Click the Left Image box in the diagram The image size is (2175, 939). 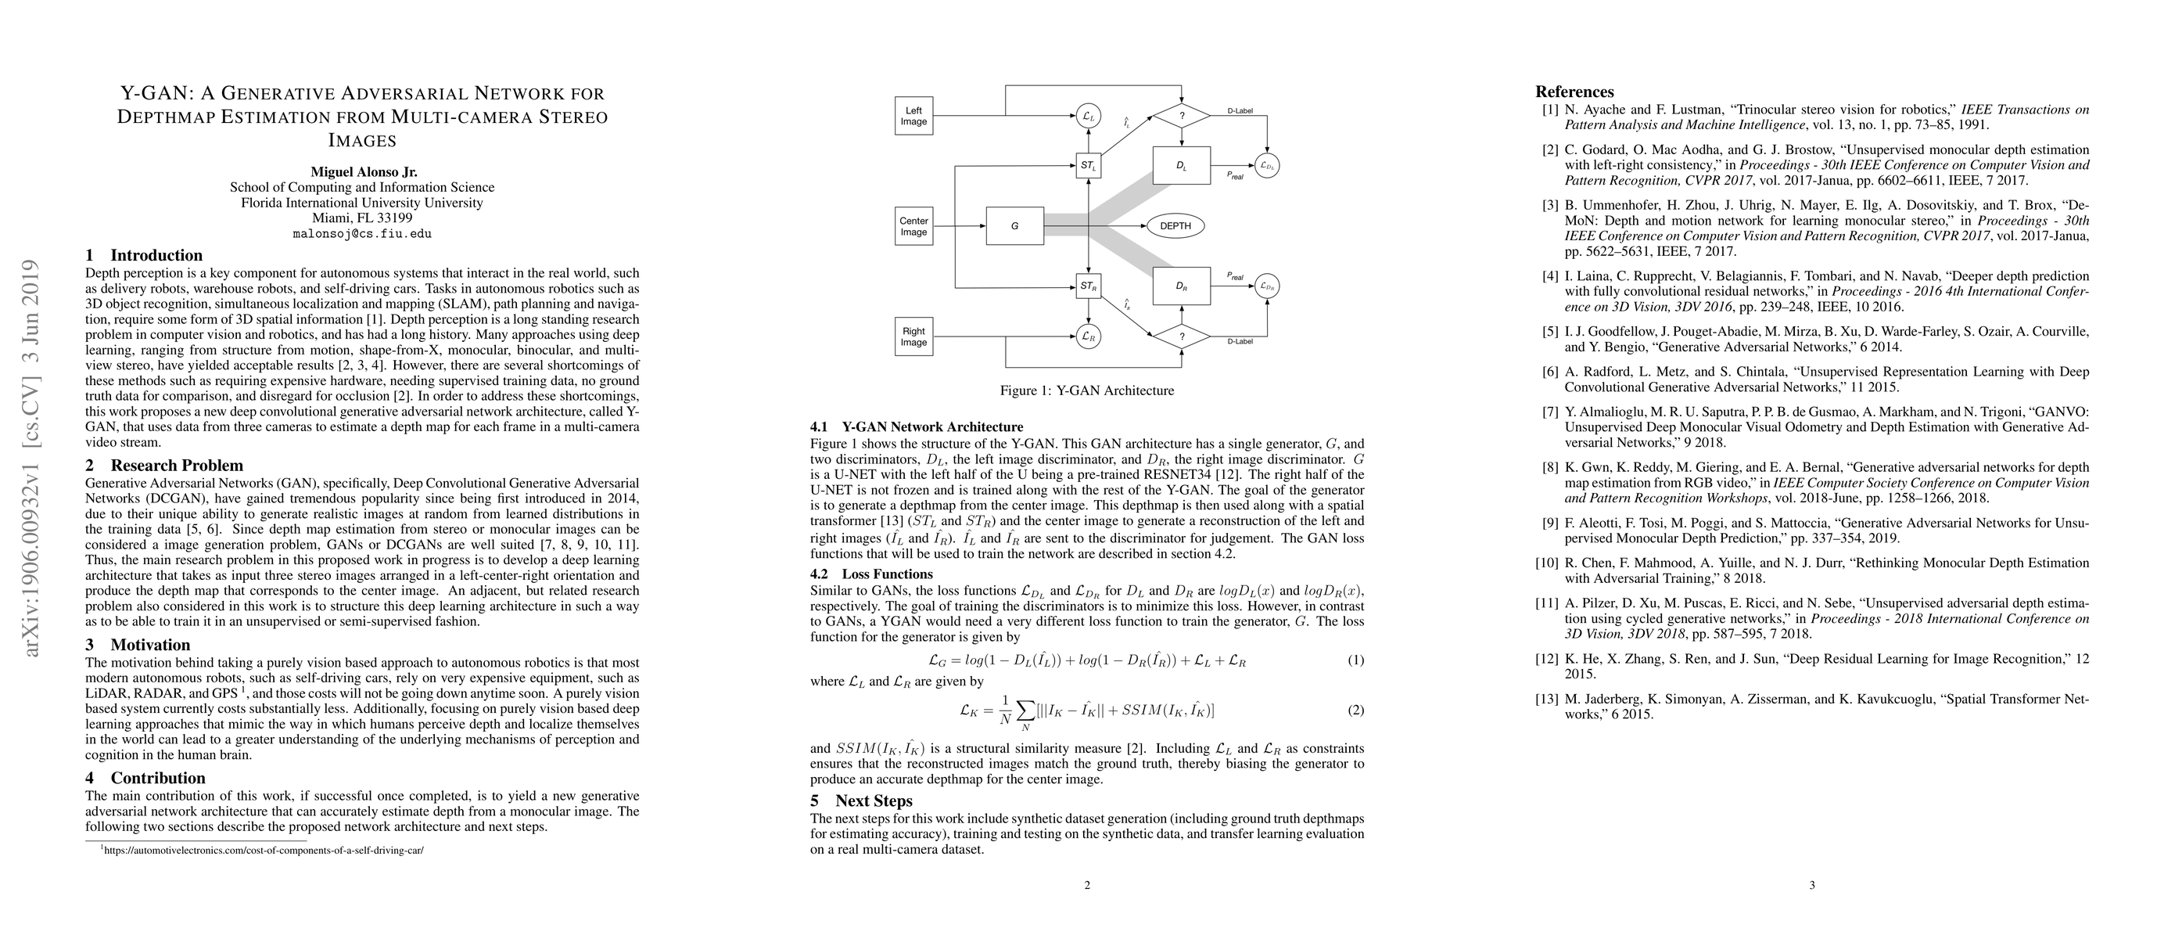click(913, 116)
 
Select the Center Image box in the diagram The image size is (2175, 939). click(913, 226)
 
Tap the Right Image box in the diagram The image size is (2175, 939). click(913, 336)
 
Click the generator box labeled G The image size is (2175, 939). click(1014, 226)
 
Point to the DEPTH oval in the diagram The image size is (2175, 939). click(1175, 226)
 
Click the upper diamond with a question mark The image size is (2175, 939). click(1181, 116)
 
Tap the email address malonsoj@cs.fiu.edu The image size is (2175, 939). click(362, 234)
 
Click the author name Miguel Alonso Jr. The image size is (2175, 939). click(363, 171)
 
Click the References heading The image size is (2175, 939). click(1574, 92)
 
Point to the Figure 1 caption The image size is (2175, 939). click(1086, 391)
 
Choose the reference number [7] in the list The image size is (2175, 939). click(1549, 412)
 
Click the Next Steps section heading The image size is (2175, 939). click(873, 800)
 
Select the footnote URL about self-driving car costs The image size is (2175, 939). click(263, 851)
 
